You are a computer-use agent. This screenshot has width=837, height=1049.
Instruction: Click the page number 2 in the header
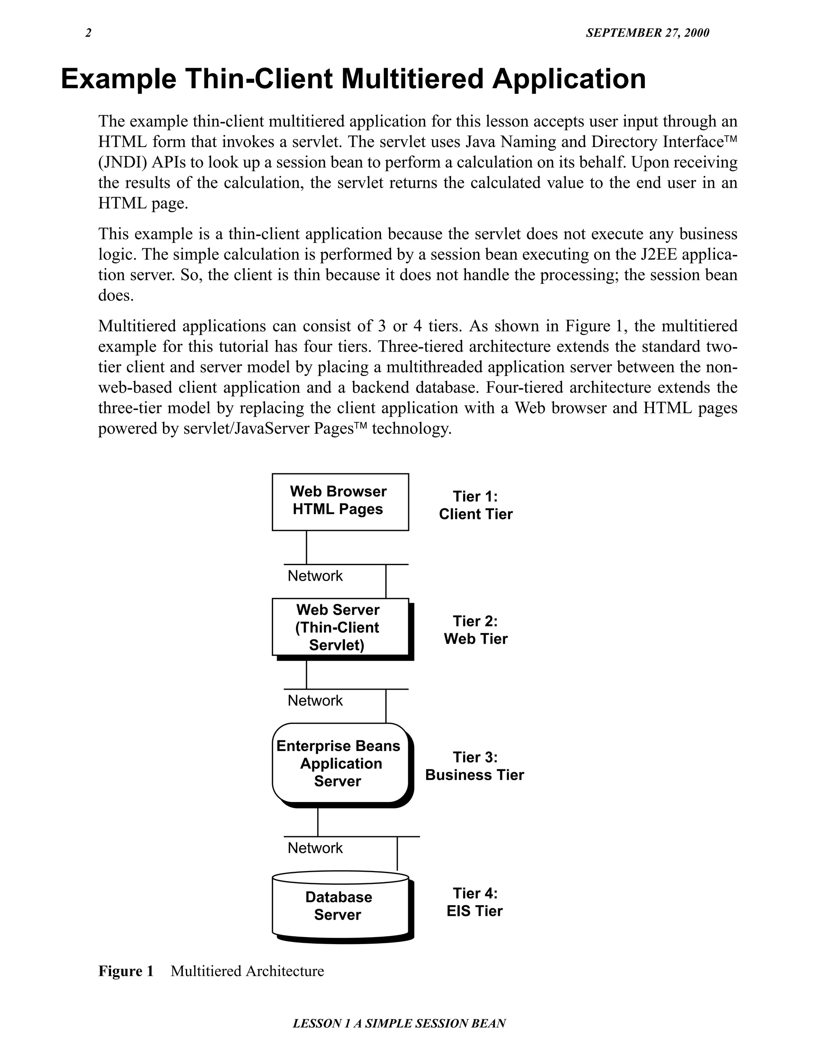pyautogui.click(x=88, y=33)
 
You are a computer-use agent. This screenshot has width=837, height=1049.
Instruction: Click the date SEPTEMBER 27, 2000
pyautogui.click(x=647, y=33)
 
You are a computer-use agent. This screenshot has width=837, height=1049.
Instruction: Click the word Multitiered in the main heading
pyautogui.click(x=412, y=79)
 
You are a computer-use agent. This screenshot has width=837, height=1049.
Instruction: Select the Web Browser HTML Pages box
pyautogui.click(x=340, y=501)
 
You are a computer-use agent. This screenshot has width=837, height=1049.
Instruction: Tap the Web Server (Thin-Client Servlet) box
pyautogui.click(x=340, y=627)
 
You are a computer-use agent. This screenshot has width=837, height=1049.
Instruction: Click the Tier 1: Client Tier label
pyautogui.click(x=475, y=505)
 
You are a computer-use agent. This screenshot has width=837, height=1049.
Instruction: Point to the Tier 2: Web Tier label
pyautogui.click(x=475, y=630)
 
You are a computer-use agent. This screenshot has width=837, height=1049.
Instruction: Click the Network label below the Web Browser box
pyautogui.click(x=315, y=576)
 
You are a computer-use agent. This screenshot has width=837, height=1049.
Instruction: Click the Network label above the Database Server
pyautogui.click(x=315, y=848)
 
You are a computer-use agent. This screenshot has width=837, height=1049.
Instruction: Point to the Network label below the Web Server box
pyautogui.click(x=315, y=701)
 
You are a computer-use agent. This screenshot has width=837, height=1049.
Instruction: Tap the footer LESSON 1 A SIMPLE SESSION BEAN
pyautogui.click(x=399, y=1023)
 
